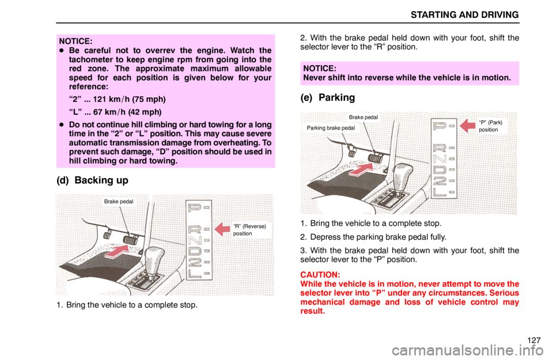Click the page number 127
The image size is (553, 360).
(x=534, y=340)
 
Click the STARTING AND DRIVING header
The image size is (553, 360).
(x=464, y=15)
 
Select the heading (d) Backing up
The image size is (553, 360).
(x=92, y=180)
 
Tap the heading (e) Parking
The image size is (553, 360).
(x=328, y=98)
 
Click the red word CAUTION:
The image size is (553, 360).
(x=320, y=275)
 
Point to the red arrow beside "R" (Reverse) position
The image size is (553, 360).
(x=222, y=229)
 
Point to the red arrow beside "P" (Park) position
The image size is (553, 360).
(x=468, y=126)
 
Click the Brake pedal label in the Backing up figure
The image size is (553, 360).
(x=119, y=202)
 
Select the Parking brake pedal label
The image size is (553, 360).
(x=331, y=128)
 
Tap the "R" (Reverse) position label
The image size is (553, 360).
(x=249, y=230)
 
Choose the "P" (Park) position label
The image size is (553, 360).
(x=491, y=126)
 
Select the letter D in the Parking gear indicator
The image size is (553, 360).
(x=440, y=170)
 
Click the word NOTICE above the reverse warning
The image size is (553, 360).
(x=320, y=69)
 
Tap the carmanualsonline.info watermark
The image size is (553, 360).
(x=467, y=350)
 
